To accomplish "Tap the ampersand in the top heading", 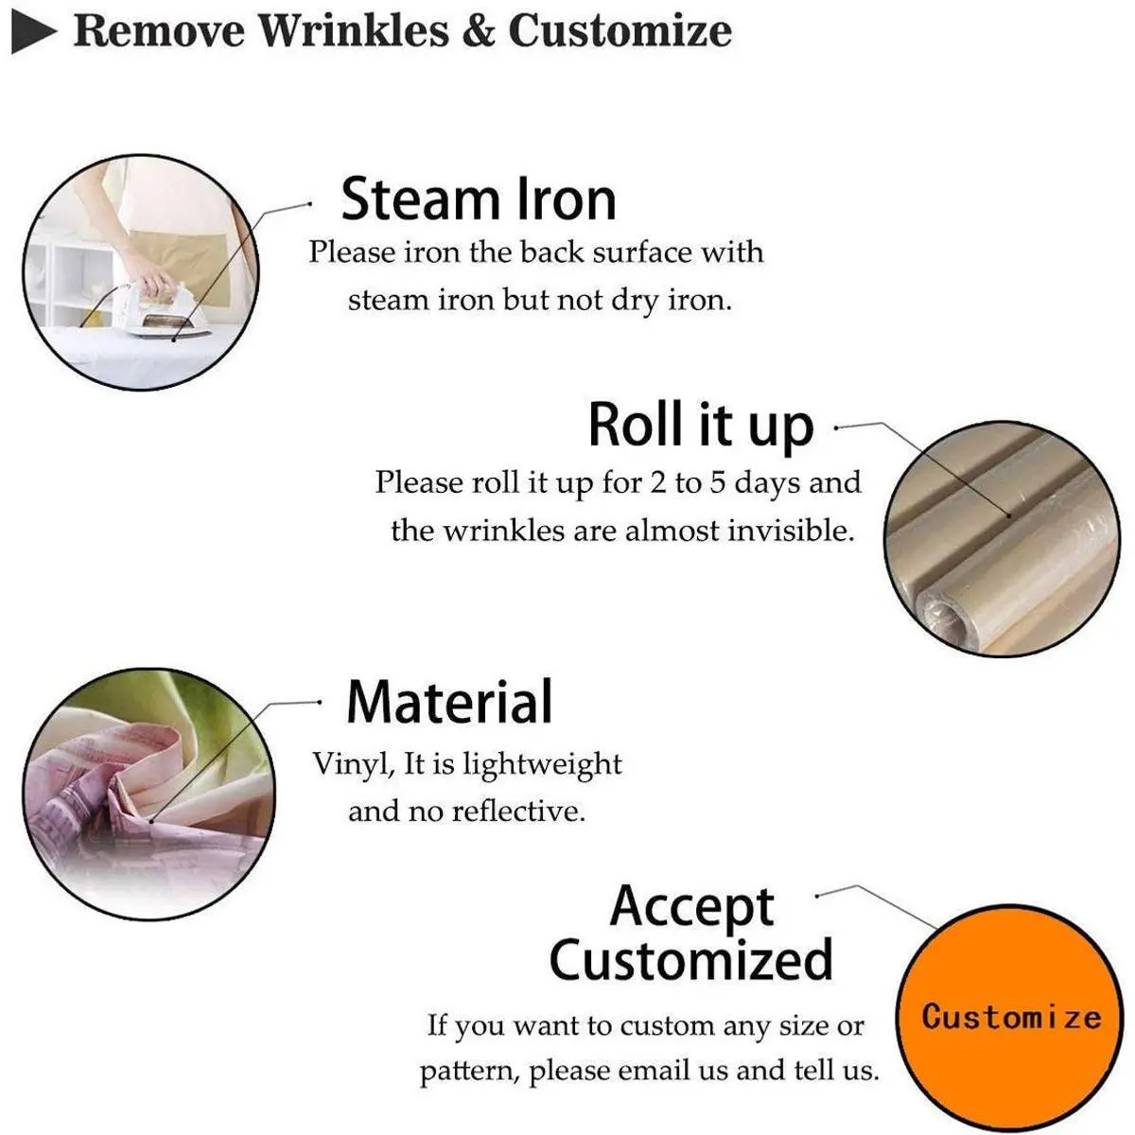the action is point(479,31).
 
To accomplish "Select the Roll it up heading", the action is point(701,425).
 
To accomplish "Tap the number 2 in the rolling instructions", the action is point(658,483).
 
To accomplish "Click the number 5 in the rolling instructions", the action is point(717,483).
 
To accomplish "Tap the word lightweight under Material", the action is point(542,765).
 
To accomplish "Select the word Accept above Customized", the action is point(691,907).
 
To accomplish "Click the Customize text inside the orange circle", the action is point(1011,1017).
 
